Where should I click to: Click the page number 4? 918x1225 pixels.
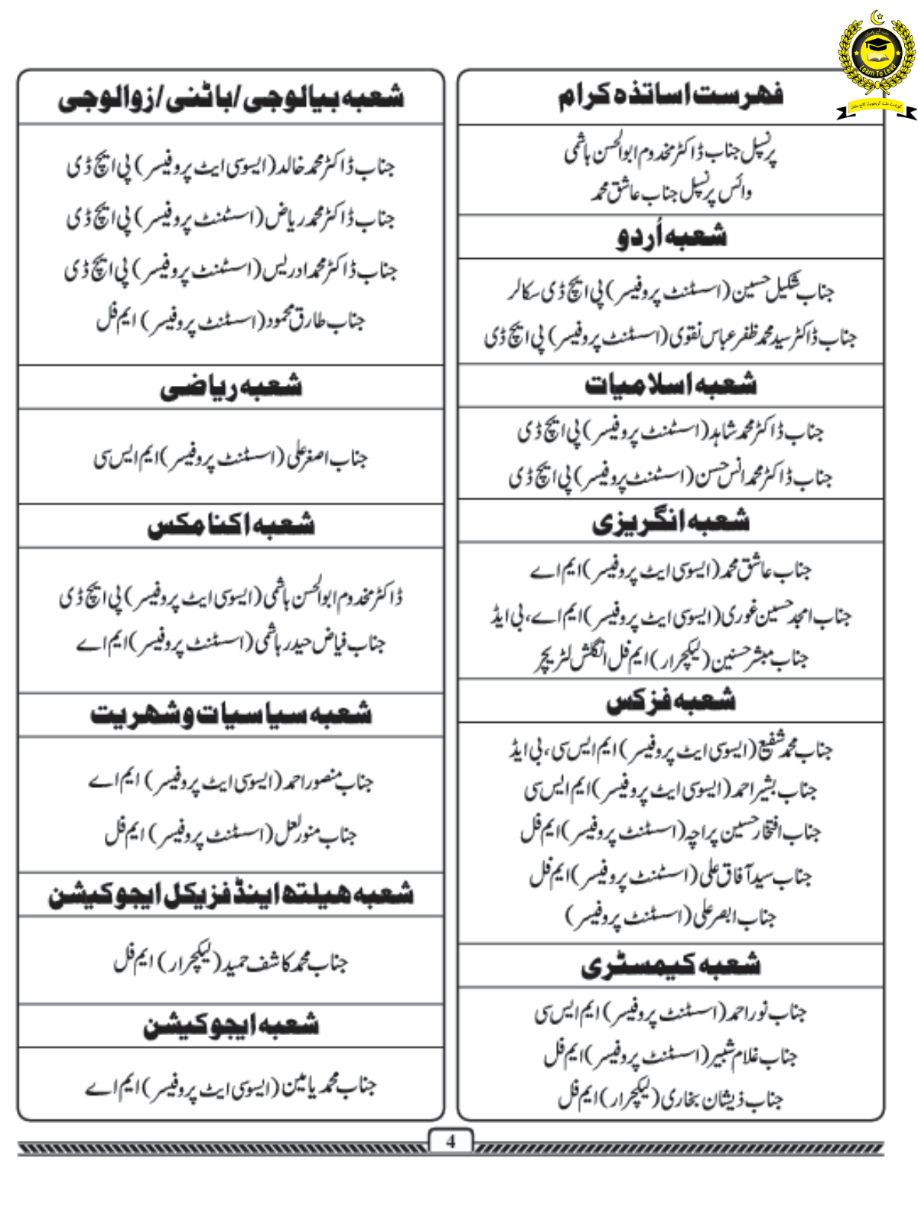(x=451, y=1142)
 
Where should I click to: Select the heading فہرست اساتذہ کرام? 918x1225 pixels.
(x=670, y=96)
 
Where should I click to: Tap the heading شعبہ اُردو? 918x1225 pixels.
(x=671, y=237)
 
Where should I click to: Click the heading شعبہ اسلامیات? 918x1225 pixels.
(x=671, y=384)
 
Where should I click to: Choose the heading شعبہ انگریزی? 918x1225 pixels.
(x=671, y=522)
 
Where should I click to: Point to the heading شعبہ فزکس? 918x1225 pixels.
(x=671, y=701)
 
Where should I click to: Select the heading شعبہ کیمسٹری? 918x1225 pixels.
(x=671, y=965)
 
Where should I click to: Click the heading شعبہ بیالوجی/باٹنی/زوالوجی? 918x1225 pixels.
(x=231, y=98)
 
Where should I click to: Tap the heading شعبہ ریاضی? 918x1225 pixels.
(x=231, y=387)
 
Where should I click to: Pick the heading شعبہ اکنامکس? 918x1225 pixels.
(x=231, y=525)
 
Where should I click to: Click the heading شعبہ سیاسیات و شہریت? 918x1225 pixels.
(x=231, y=714)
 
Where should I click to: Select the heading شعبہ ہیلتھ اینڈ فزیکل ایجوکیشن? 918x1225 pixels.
(x=231, y=894)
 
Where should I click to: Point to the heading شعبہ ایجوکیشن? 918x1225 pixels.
(x=231, y=1025)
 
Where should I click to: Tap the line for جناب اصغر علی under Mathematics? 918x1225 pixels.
(x=231, y=457)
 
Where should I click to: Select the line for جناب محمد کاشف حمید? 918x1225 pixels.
(x=231, y=961)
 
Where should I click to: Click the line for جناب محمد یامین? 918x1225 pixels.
(x=231, y=1086)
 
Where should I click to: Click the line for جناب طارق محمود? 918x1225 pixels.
(x=231, y=321)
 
